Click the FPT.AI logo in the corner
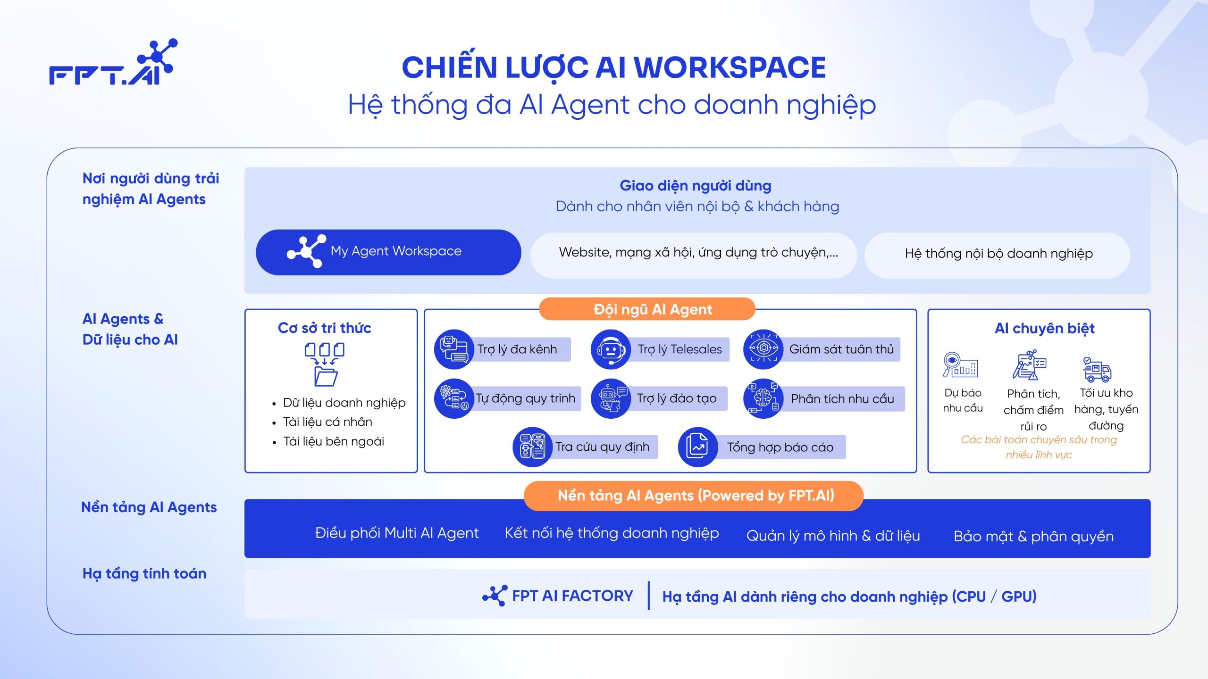pos(113,62)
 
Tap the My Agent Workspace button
pos(388,252)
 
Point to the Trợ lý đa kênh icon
pos(454,349)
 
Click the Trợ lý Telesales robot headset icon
pos(611,349)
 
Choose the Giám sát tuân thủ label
pos(841,349)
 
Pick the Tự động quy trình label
pos(525,398)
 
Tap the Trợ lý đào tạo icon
pos(611,398)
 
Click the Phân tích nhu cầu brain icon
pos(763,398)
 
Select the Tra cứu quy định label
pos(602,447)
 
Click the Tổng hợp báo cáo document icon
pos(698,447)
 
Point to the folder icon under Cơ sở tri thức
pos(326,376)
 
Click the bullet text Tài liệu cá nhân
pos(327,422)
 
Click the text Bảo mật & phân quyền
pos(1033,537)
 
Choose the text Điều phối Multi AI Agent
pos(397,533)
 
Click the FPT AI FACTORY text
pos(572,596)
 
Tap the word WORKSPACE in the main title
pos(730,67)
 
